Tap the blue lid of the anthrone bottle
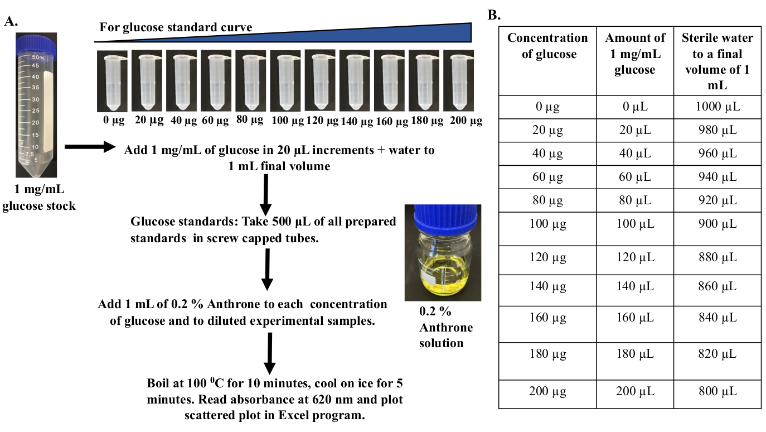click(442, 218)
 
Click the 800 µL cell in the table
click(717, 391)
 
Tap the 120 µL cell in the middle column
click(635, 257)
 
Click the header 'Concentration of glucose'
click(547, 46)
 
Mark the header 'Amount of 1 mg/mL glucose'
click(635, 54)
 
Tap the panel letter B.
click(494, 15)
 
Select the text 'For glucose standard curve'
click(176, 27)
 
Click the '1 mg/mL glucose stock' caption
click(38, 198)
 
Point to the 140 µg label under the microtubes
click(356, 121)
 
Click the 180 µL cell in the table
click(635, 354)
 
